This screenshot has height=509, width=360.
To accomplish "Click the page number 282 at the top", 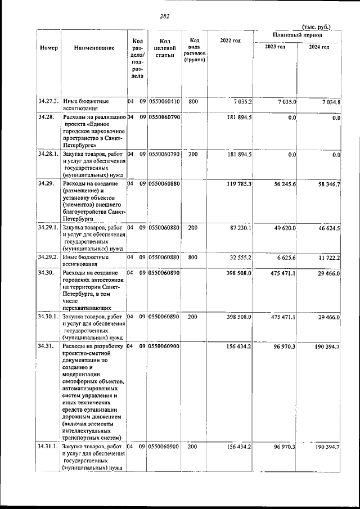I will pyautogui.click(x=164, y=16).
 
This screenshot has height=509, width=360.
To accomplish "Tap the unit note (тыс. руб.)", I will pyautogui.click(x=317, y=26).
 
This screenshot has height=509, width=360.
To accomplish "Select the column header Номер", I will pyautogui.click(x=49, y=48).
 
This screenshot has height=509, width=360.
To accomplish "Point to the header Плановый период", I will pyautogui.click(x=298, y=35).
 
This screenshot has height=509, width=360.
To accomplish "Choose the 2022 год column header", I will pyautogui.click(x=230, y=41).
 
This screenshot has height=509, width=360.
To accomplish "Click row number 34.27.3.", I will pyautogui.click(x=49, y=102).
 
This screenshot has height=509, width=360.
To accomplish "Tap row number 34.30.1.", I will pyautogui.click(x=49, y=317).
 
